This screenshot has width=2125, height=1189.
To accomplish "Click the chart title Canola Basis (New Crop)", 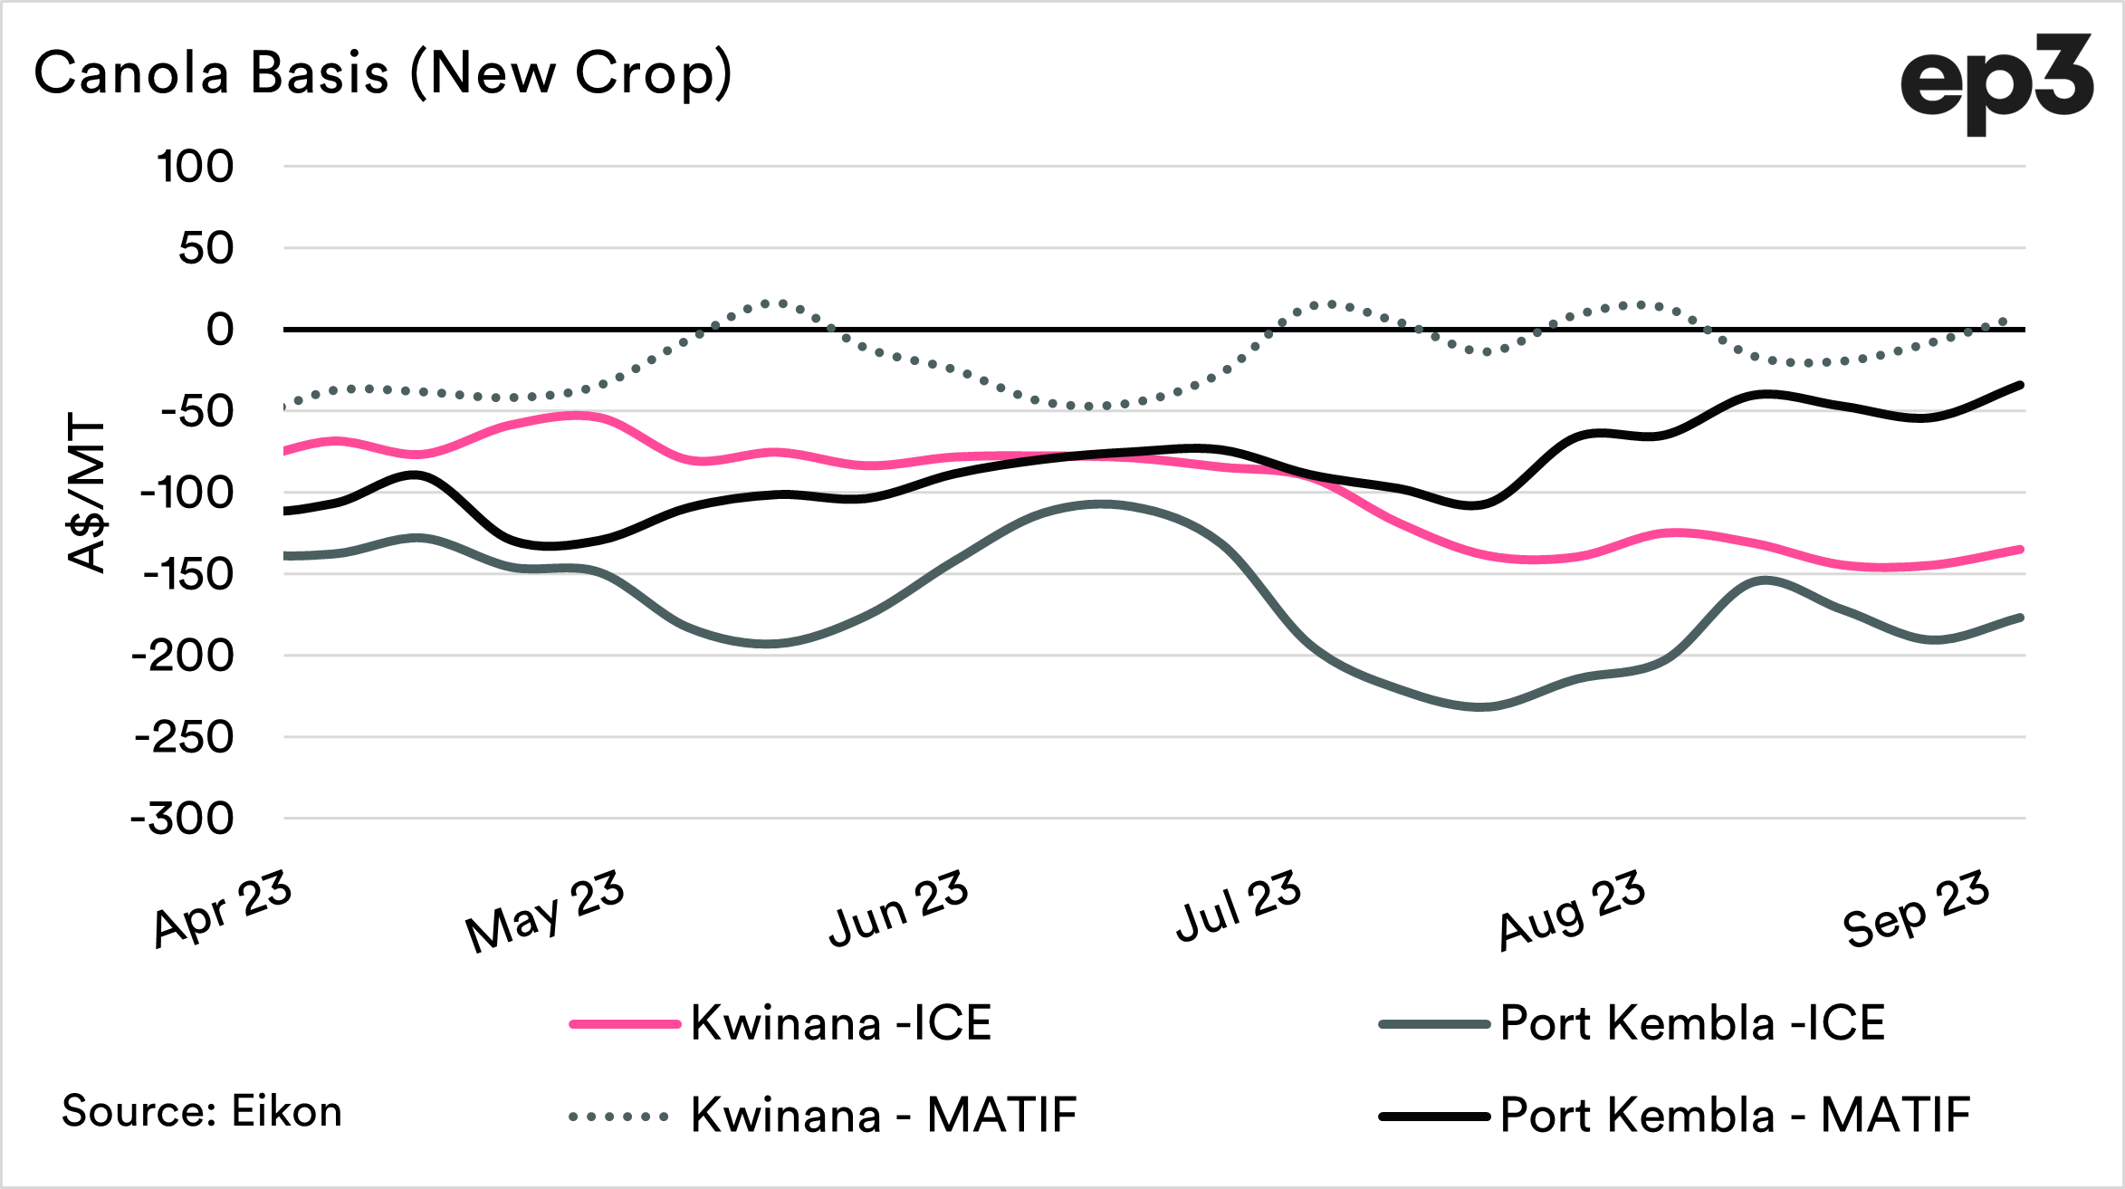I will pyautogui.click(x=382, y=72).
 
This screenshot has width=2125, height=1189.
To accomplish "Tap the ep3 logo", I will pyautogui.click(x=1996, y=82).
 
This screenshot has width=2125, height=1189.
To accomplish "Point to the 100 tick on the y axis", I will pyautogui.click(x=195, y=167).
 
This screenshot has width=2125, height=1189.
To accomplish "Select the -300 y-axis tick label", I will pyautogui.click(x=183, y=819).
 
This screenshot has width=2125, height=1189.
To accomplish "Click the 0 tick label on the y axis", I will pyautogui.click(x=219, y=330).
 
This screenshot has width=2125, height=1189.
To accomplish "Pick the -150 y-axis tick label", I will pyautogui.click(x=188, y=574).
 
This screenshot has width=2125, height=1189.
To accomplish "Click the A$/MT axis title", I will pyautogui.click(x=87, y=493).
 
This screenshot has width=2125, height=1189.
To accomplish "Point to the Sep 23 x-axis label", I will pyautogui.click(x=1916, y=908).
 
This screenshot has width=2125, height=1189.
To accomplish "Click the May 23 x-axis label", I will pyautogui.click(x=544, y=911).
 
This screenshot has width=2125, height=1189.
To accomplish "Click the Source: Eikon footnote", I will pyautogui.click(x=202, y=1111).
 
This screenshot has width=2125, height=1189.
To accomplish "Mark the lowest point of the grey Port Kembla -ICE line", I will pyautogui.click(x=1478, y=707).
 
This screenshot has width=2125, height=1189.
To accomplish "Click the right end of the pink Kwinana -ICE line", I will pyautogui.click(x=2021, y=550).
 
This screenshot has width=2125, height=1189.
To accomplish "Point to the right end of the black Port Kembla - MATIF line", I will pyautogui.click(x=2021, y=385).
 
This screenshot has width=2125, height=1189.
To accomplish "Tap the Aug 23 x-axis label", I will pyautogui.click(x=1571, y=910).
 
